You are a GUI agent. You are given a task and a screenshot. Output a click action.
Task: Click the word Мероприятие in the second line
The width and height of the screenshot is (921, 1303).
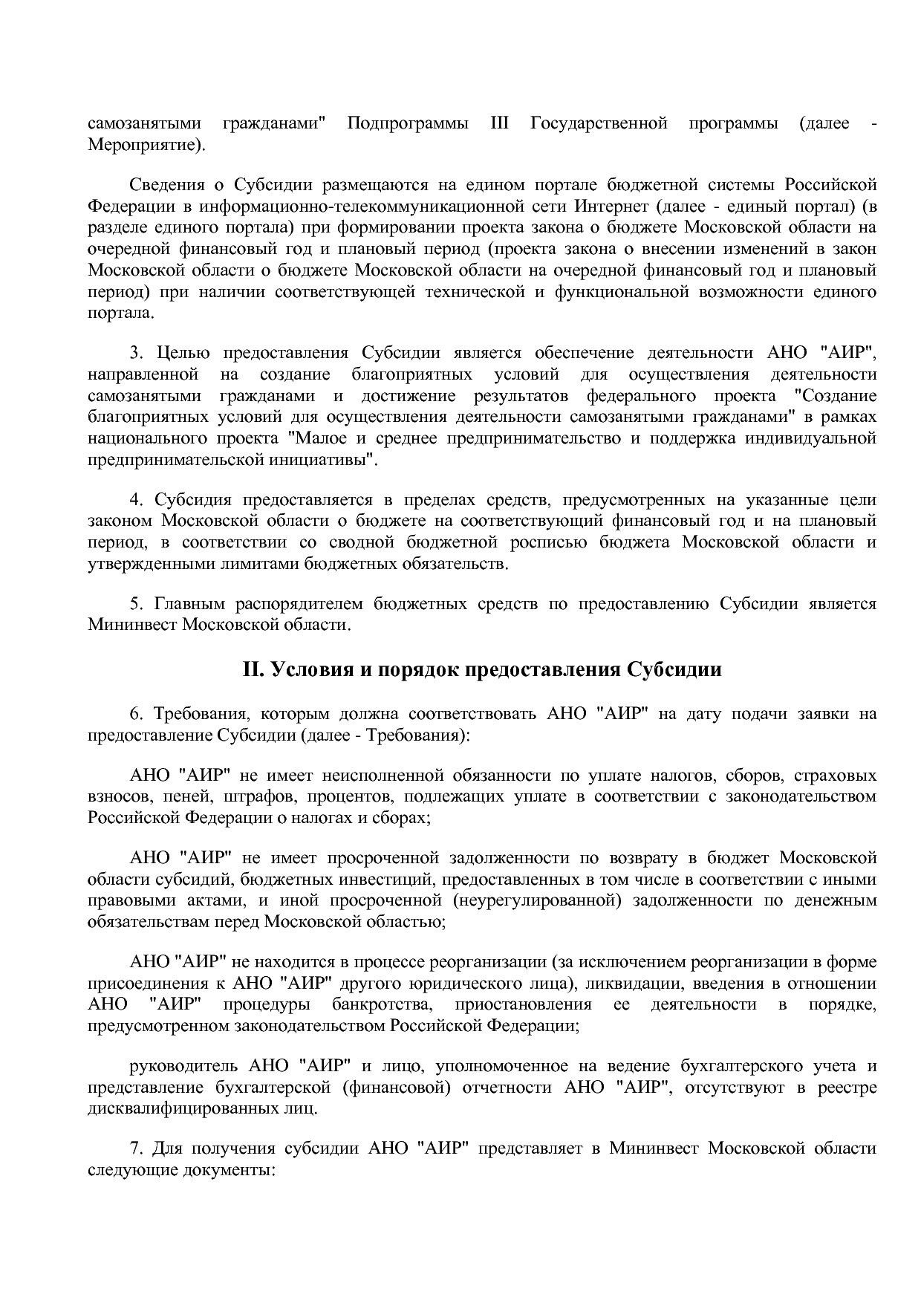coord(142,144)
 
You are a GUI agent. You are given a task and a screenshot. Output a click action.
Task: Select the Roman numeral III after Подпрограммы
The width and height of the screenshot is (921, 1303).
coord(499,123)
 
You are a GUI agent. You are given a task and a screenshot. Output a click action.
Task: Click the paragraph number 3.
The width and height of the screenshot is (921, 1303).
coord(134,353)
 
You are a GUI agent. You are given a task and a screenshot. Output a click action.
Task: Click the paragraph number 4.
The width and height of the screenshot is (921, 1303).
coord(134,500)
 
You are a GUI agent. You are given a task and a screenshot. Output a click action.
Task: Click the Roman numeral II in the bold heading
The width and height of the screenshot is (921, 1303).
coord(253,669)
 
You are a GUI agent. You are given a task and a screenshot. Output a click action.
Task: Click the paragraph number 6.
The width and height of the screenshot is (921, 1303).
coord(134,715)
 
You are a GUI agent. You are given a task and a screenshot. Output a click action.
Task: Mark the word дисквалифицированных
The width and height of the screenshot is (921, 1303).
coord(188,1109)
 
